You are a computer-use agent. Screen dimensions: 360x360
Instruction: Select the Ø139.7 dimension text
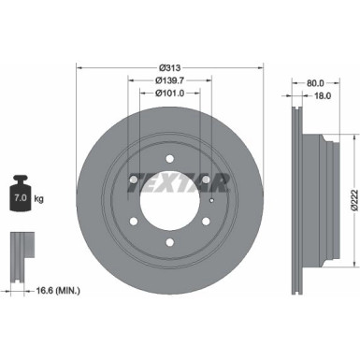(x=169, y=80)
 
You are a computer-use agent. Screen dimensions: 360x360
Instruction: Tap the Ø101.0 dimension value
(x=169, y=93)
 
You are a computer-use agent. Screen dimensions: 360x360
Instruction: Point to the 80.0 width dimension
(x=318, y=81)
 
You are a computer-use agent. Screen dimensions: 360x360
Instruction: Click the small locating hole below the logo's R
(x=214, y=194)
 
